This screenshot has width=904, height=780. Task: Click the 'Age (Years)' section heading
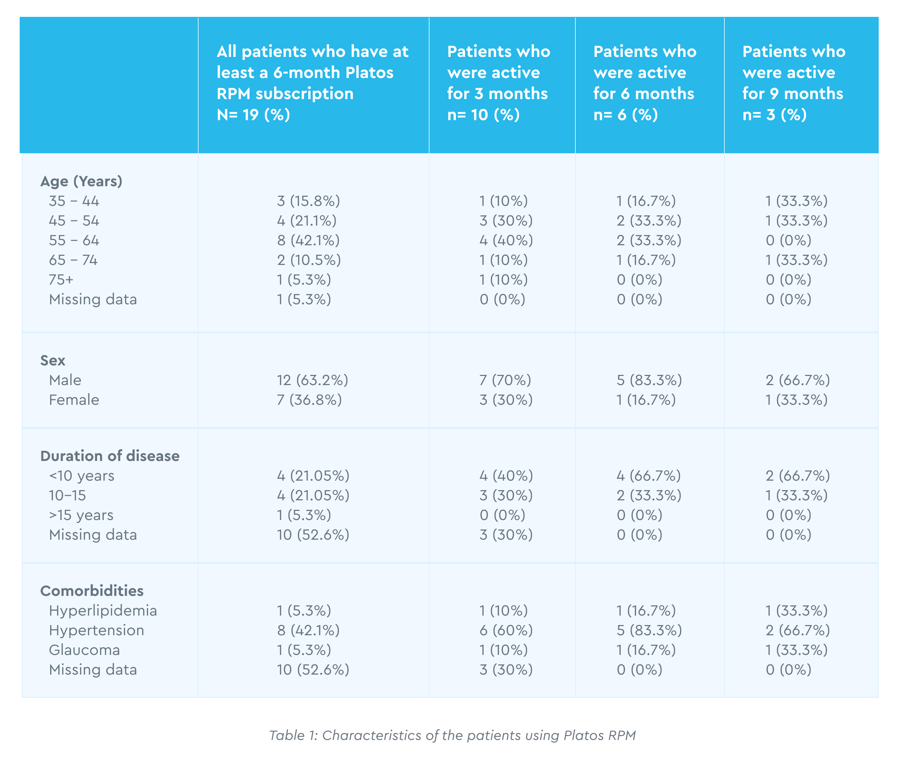pyautogui.click(x=81, y=181)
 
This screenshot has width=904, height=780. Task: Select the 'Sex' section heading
pyautogui.click(x=53, y=360)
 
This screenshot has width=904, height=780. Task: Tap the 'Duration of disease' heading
pyautogui.click(x=110, y=456)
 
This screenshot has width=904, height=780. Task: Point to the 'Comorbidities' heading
pyautogui.click(x=92, y=591)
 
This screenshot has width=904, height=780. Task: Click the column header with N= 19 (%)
pyautogui.click(x=312, y=83)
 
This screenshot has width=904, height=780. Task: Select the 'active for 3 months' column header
pyautogui.click(x=498, y=83)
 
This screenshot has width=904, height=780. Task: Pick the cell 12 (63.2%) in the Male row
pyautogui.click(x=312, y=380)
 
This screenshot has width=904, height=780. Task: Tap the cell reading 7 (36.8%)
pyautogui.click(x=309, y=399)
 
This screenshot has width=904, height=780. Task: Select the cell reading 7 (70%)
pyautogui.click(x=505, y=380)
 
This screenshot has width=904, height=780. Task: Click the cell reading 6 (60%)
pyautogui.click(x=506, y=630)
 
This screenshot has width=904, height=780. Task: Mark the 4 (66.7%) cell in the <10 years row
pyautogui.click(x=649, y=475)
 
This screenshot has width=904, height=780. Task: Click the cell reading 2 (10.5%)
pyautogui.click(x=309, y=260)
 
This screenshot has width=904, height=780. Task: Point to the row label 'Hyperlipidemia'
pyautogui.click(x=103, y=610)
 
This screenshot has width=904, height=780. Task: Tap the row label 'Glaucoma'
pyautogui.click(x=84, y=650)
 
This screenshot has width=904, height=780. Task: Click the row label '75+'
pyautogui.click(x=61, y=280)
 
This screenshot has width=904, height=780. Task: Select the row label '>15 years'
pyautogui.click(x=81, y=515)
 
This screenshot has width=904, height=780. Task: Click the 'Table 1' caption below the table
pyautogui.click(x=452, y=735)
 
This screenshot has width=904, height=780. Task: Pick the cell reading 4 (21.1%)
pyautogui.click(x=307, y=221)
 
